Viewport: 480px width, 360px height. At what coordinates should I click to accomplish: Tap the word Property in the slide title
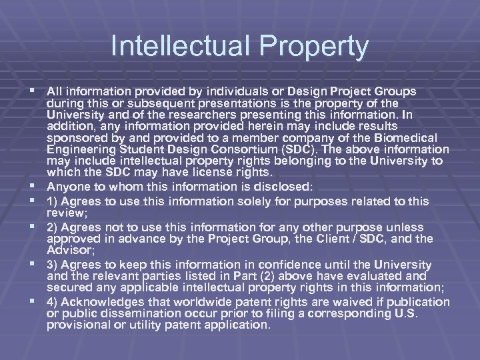313,47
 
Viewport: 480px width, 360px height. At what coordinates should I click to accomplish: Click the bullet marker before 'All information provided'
34,90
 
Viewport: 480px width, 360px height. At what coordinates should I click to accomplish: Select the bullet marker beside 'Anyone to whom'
34,187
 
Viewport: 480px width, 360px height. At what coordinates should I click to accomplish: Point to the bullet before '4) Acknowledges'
34,302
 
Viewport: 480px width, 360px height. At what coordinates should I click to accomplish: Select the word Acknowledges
101,303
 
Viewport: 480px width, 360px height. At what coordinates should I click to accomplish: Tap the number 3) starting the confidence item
53,265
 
